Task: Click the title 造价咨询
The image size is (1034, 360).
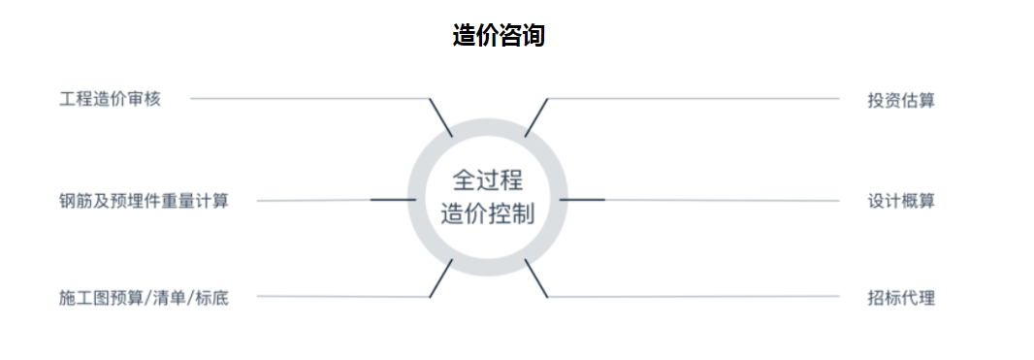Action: point(499,36)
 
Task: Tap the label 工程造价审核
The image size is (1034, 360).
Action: point(111,100)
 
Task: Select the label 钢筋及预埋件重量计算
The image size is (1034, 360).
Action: point(144,201)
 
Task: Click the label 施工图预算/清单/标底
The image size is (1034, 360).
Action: point(144,297)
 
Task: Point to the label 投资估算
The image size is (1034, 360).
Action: point(901,100)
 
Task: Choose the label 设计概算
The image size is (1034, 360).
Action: point(901,201)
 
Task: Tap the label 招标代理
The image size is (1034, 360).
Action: point(901,297)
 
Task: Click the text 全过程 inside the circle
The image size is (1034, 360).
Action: point(487,180)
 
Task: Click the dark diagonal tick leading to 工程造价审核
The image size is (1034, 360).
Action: point(440,118)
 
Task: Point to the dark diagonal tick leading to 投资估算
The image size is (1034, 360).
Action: point(536,118)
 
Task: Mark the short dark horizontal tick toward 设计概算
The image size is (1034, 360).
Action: point(582,199)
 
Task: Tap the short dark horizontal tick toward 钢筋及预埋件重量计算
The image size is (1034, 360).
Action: point(393,199)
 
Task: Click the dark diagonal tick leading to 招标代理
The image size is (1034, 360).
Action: point(536,278)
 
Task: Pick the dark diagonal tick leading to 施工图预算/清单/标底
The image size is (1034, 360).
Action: point(440,278)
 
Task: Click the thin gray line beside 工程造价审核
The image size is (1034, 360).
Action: point(310,99)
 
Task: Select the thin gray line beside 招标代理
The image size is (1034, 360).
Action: point(694,297)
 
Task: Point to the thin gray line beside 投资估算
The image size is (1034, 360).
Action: point(694,99)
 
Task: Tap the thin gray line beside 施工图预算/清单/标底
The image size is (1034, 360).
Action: point(343,297)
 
